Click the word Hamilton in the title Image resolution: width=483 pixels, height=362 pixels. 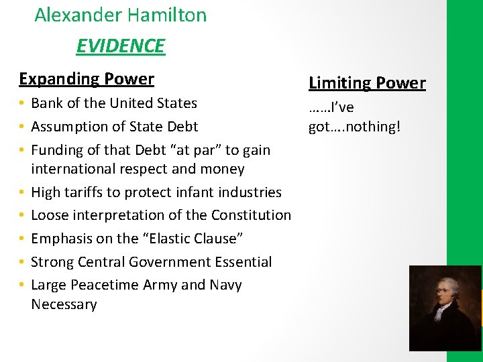click(166, 15)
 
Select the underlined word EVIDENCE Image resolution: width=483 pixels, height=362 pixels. click(120, 46)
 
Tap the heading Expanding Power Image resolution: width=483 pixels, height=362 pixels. click(87, 78)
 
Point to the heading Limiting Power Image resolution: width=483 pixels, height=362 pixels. click(367, 83)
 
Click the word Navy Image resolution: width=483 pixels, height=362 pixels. click(225, 285)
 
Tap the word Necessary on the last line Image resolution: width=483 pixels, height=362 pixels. click(64, 304)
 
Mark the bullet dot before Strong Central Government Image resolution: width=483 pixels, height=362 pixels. click(23, 261)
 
